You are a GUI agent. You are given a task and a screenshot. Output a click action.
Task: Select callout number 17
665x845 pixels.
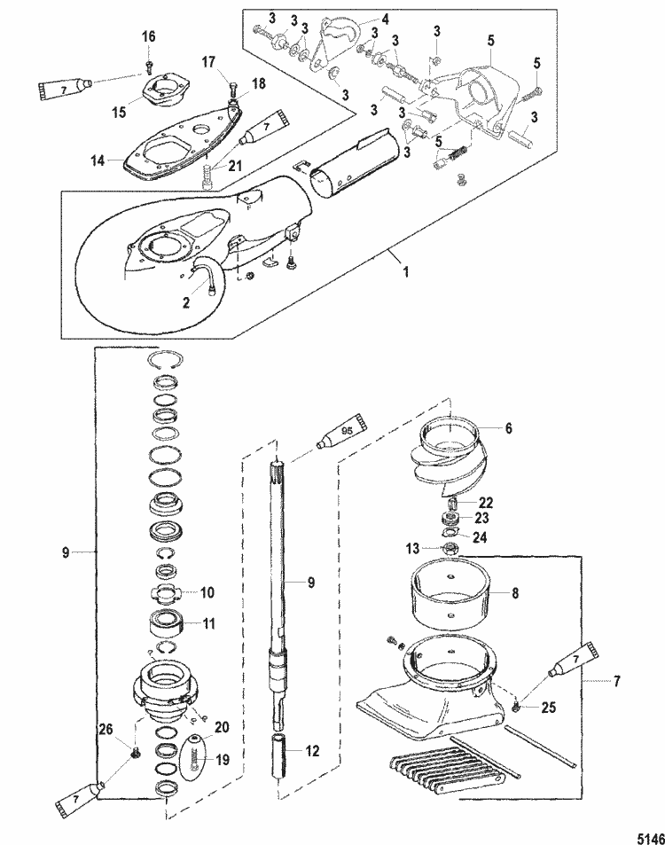[x=208, y=63]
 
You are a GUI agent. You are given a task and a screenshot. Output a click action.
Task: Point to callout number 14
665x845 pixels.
[x=98, y=160]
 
